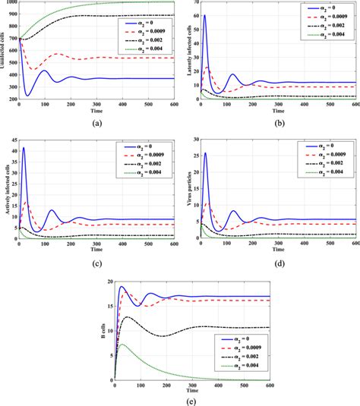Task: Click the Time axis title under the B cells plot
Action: (x=182, y=388)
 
